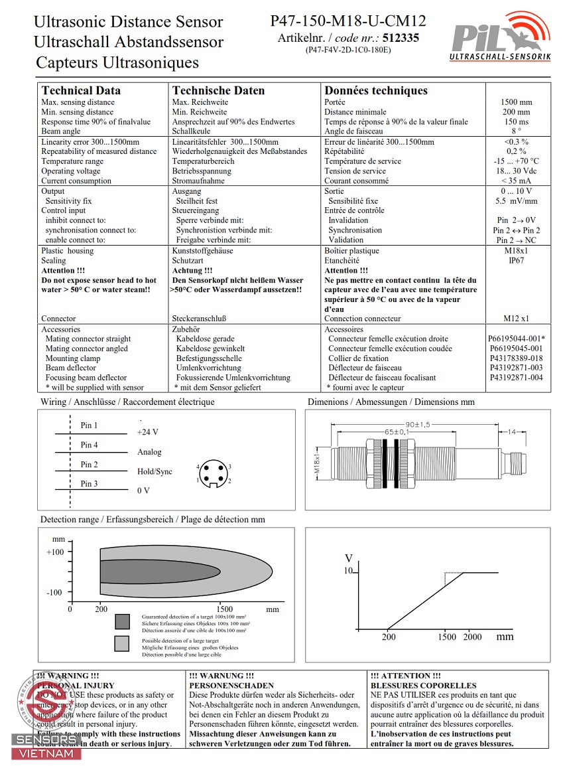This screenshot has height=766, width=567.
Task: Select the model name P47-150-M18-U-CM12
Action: tap(347, 21)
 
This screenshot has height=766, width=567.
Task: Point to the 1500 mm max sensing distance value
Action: tap(517, 102)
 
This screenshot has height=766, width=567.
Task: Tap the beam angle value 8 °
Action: tap(516, 131)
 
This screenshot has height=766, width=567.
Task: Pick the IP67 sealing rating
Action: tap(516, 261)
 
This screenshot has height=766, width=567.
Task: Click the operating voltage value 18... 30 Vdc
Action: tap(516, 171)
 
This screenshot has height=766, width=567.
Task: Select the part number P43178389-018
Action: tap(516, 358)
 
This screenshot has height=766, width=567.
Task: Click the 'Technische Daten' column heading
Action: tap(218, 90)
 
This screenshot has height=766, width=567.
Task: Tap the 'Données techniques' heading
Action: tap(376, 90)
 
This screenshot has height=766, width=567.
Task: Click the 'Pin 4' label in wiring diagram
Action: tap(89, 445)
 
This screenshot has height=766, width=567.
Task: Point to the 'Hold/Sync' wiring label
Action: tap(155, 472)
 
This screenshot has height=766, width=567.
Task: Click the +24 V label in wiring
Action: tap(147, 432)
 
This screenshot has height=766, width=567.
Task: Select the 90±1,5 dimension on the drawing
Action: tap(417, 424)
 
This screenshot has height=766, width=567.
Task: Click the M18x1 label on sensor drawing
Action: tap(316, 461)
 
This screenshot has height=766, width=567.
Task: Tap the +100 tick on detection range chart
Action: tap(55, 552)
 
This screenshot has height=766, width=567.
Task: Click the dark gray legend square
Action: tap(122, 622)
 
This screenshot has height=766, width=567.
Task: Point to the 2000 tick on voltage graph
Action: tap(472, 637)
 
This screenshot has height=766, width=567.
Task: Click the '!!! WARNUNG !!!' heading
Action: tap(221, 676)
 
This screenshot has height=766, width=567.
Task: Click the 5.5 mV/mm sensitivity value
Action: tap(516, 201)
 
